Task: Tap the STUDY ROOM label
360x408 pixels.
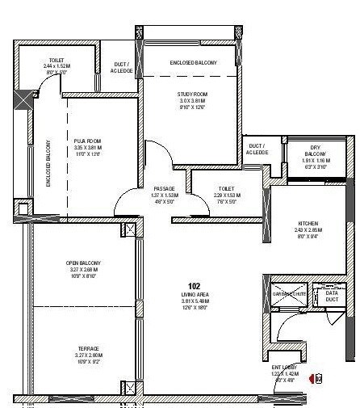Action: [193, 94]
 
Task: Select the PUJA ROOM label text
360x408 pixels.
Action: [87, 141]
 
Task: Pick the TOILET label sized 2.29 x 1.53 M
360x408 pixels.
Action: [225, 187]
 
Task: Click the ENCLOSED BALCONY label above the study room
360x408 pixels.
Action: [192, 62]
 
